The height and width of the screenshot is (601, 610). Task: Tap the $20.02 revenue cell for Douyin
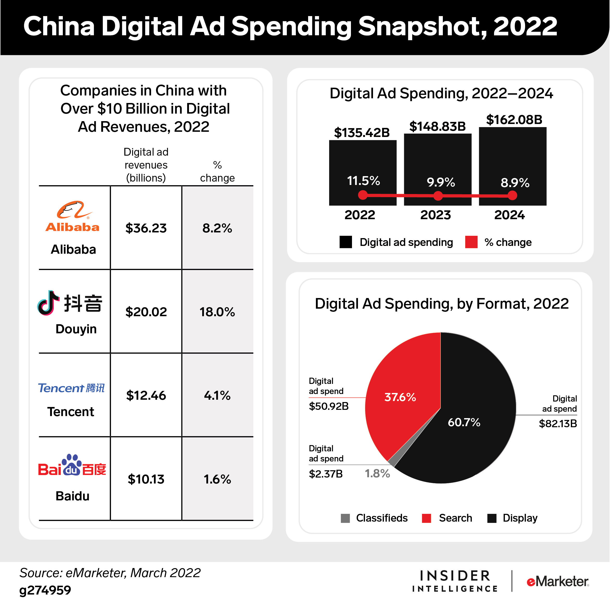tap(146, 312)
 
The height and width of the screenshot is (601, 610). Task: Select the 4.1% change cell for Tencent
tap(217, 395)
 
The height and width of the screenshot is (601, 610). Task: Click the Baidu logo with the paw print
tap(72, 465)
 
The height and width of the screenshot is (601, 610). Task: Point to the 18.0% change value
tap(217, 312)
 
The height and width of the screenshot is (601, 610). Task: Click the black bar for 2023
tap(438, 158)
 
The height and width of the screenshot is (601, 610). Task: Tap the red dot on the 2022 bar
tap(363, 195)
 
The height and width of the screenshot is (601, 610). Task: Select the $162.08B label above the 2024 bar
tap(514, 120)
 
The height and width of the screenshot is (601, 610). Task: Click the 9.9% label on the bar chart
tap(441, 182)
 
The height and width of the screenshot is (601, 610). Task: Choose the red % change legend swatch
tap(471, 242)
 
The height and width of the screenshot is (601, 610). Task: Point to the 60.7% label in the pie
tap(464, 422)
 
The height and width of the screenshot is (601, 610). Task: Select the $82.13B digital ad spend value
tap(558, 423)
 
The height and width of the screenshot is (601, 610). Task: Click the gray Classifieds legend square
tap(345, 518)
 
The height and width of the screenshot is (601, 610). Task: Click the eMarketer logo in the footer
tap(558, 581)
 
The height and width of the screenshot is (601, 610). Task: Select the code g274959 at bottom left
tap(45, 590)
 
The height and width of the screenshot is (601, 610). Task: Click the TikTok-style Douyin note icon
tap(48, 303)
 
